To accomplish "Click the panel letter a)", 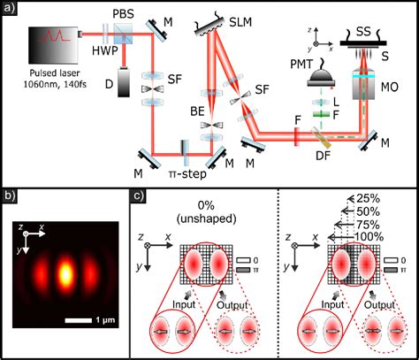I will (x=10, y=9).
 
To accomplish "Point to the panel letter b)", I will (x=10, y=195).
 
